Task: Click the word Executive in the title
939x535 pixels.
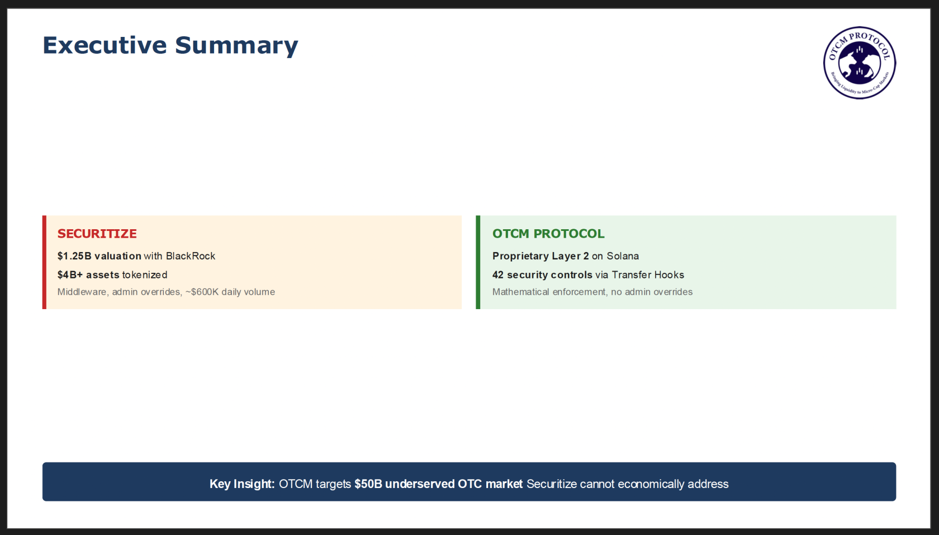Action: coord(105,45)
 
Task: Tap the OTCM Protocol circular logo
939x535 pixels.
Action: coord(860,63)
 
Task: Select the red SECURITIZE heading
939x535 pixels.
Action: coord(97,234)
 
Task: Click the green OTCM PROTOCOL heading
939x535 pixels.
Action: coord(548,234)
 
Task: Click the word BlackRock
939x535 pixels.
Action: coord(190,256)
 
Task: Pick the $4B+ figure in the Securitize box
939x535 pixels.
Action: coord(70,274)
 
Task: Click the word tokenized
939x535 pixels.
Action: coord(145,274)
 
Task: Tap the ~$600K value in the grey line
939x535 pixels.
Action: coord(202,292)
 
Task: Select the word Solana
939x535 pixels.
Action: coord(623,256)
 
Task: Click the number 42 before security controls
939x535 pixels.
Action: coord(498,274)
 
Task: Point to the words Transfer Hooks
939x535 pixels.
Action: coord(648,274)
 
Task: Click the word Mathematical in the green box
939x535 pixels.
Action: coord(521,292)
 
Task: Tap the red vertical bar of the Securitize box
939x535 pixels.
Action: coord(45,262)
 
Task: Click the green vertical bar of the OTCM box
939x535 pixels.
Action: coord(478,262)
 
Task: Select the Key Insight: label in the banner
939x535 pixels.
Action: coord(242,484)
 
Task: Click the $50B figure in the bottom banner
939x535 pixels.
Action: coord(368,484)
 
